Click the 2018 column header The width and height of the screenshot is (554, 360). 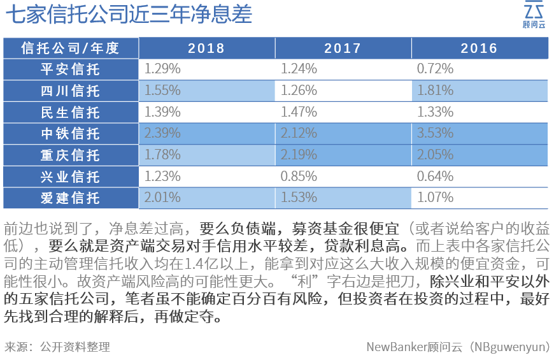click(x=206, y=48)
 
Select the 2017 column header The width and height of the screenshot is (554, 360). click(x=343, y=48)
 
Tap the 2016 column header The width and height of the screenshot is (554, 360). click(x=479, y=48)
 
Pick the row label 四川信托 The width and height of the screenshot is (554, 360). click(x=70, y=91)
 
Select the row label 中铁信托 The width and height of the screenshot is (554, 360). click(x=70, y=134)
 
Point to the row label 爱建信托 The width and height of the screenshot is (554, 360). click(x=70, y=198)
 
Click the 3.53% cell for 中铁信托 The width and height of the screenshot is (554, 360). click(x=436, y=134)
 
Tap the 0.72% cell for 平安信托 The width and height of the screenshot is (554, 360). click(x=436, y=69)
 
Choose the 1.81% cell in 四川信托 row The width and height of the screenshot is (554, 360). click(x=436, y=90)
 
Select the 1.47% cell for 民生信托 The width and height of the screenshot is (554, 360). click(x=299, y=112)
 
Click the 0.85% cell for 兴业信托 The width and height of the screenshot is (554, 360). click(x=299, y=176)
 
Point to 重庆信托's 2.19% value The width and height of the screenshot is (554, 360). click(x=299, y=155)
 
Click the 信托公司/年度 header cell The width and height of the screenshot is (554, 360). click(x=70, y=48)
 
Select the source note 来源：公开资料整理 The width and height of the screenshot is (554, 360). click(x=57, y=347)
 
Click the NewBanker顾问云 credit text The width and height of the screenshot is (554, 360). click(x=458, y=347)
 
